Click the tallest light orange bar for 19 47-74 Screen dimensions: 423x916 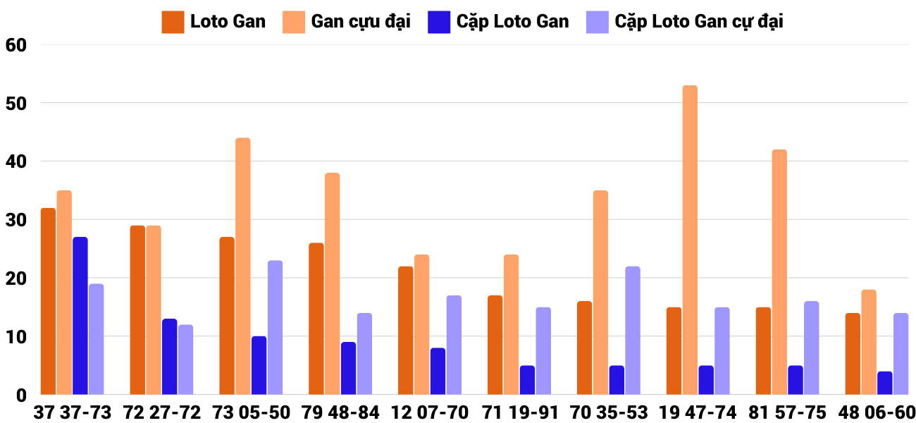[x=690, y=240]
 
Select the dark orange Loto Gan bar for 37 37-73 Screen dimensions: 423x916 [x=48, y=301]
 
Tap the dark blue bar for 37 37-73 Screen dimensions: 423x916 [x=80, y=316]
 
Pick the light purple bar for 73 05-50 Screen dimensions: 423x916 [x=275, y=328]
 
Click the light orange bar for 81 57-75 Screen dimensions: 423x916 [x=779, y=272]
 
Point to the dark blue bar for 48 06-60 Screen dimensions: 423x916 [x=885, y=383]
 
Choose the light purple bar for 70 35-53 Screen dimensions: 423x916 [x=633, y=331]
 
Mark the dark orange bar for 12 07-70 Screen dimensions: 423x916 [x=405, y=331]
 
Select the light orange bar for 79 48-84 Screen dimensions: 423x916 [x=333, y=283]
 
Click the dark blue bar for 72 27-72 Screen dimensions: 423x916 [x=170, y=357]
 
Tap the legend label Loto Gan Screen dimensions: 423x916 [x=228, y=21]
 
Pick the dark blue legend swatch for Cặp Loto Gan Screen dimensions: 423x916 [x=439, y=22]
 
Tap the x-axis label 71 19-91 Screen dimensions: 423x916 [x=519, y=412]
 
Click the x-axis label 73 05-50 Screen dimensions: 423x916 [x=251, y=412]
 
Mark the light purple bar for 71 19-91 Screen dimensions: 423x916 [x=543, y=351]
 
